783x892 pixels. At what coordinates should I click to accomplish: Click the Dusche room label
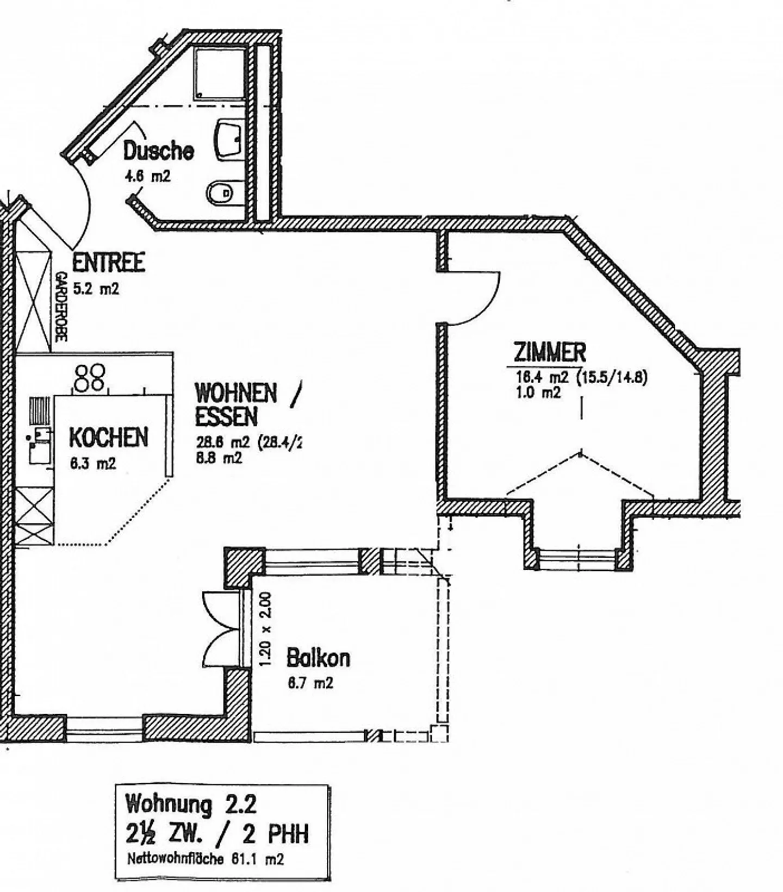(x=158, y=151)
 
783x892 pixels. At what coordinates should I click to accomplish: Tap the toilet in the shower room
(x=220, y=191)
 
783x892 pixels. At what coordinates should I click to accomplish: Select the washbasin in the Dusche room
(x=229, y=139)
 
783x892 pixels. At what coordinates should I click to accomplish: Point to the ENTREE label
(x=108, y=263)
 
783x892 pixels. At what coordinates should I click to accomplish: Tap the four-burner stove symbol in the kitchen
(x=90, y=377)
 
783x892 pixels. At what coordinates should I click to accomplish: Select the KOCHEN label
(x=108, y=438)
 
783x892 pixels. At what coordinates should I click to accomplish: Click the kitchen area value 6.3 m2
(x=92, y=464)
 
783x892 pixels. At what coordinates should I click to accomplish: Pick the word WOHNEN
(x=235, y=392)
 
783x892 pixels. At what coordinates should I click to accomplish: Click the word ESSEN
(x=226, y=417)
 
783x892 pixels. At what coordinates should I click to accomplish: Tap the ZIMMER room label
(x=549, y=353)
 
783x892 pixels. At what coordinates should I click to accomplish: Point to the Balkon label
(x=318, y=658)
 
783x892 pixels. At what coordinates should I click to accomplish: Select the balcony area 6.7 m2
(x=310, y=683)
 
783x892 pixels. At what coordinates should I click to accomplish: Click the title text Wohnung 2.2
(x=190, y=803)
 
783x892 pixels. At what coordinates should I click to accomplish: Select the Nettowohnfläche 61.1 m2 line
(x=205, y=859)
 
